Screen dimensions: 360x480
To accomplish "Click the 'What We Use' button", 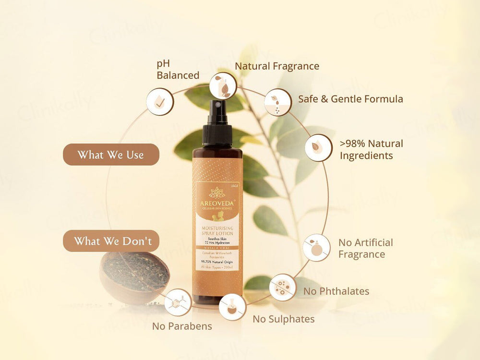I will tap(111, 155).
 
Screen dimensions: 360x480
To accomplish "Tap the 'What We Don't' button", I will tap(111, 241).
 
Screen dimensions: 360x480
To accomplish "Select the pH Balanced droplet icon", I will tap(160, 102).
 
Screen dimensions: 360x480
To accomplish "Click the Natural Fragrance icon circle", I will tap(223, 85).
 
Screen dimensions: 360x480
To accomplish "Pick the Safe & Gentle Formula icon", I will tap(278, 102).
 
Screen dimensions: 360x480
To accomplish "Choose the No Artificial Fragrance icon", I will tap(317, 248).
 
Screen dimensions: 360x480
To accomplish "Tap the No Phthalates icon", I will tap(283, 288).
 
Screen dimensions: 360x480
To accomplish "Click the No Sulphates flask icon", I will tap(233, 307).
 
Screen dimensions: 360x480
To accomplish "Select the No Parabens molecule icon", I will tap(178, 302).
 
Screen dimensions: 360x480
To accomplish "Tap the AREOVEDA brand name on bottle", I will tap(217, 203).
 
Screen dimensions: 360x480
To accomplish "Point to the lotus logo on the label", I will tap(217, 192).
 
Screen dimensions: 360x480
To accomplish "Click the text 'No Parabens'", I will tap(182, 326).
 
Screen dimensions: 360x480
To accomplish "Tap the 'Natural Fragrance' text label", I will tap(277, 66).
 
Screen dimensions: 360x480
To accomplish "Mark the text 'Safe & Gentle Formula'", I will tap(350, 99).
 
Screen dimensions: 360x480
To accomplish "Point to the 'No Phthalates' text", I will tap(336, 291).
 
